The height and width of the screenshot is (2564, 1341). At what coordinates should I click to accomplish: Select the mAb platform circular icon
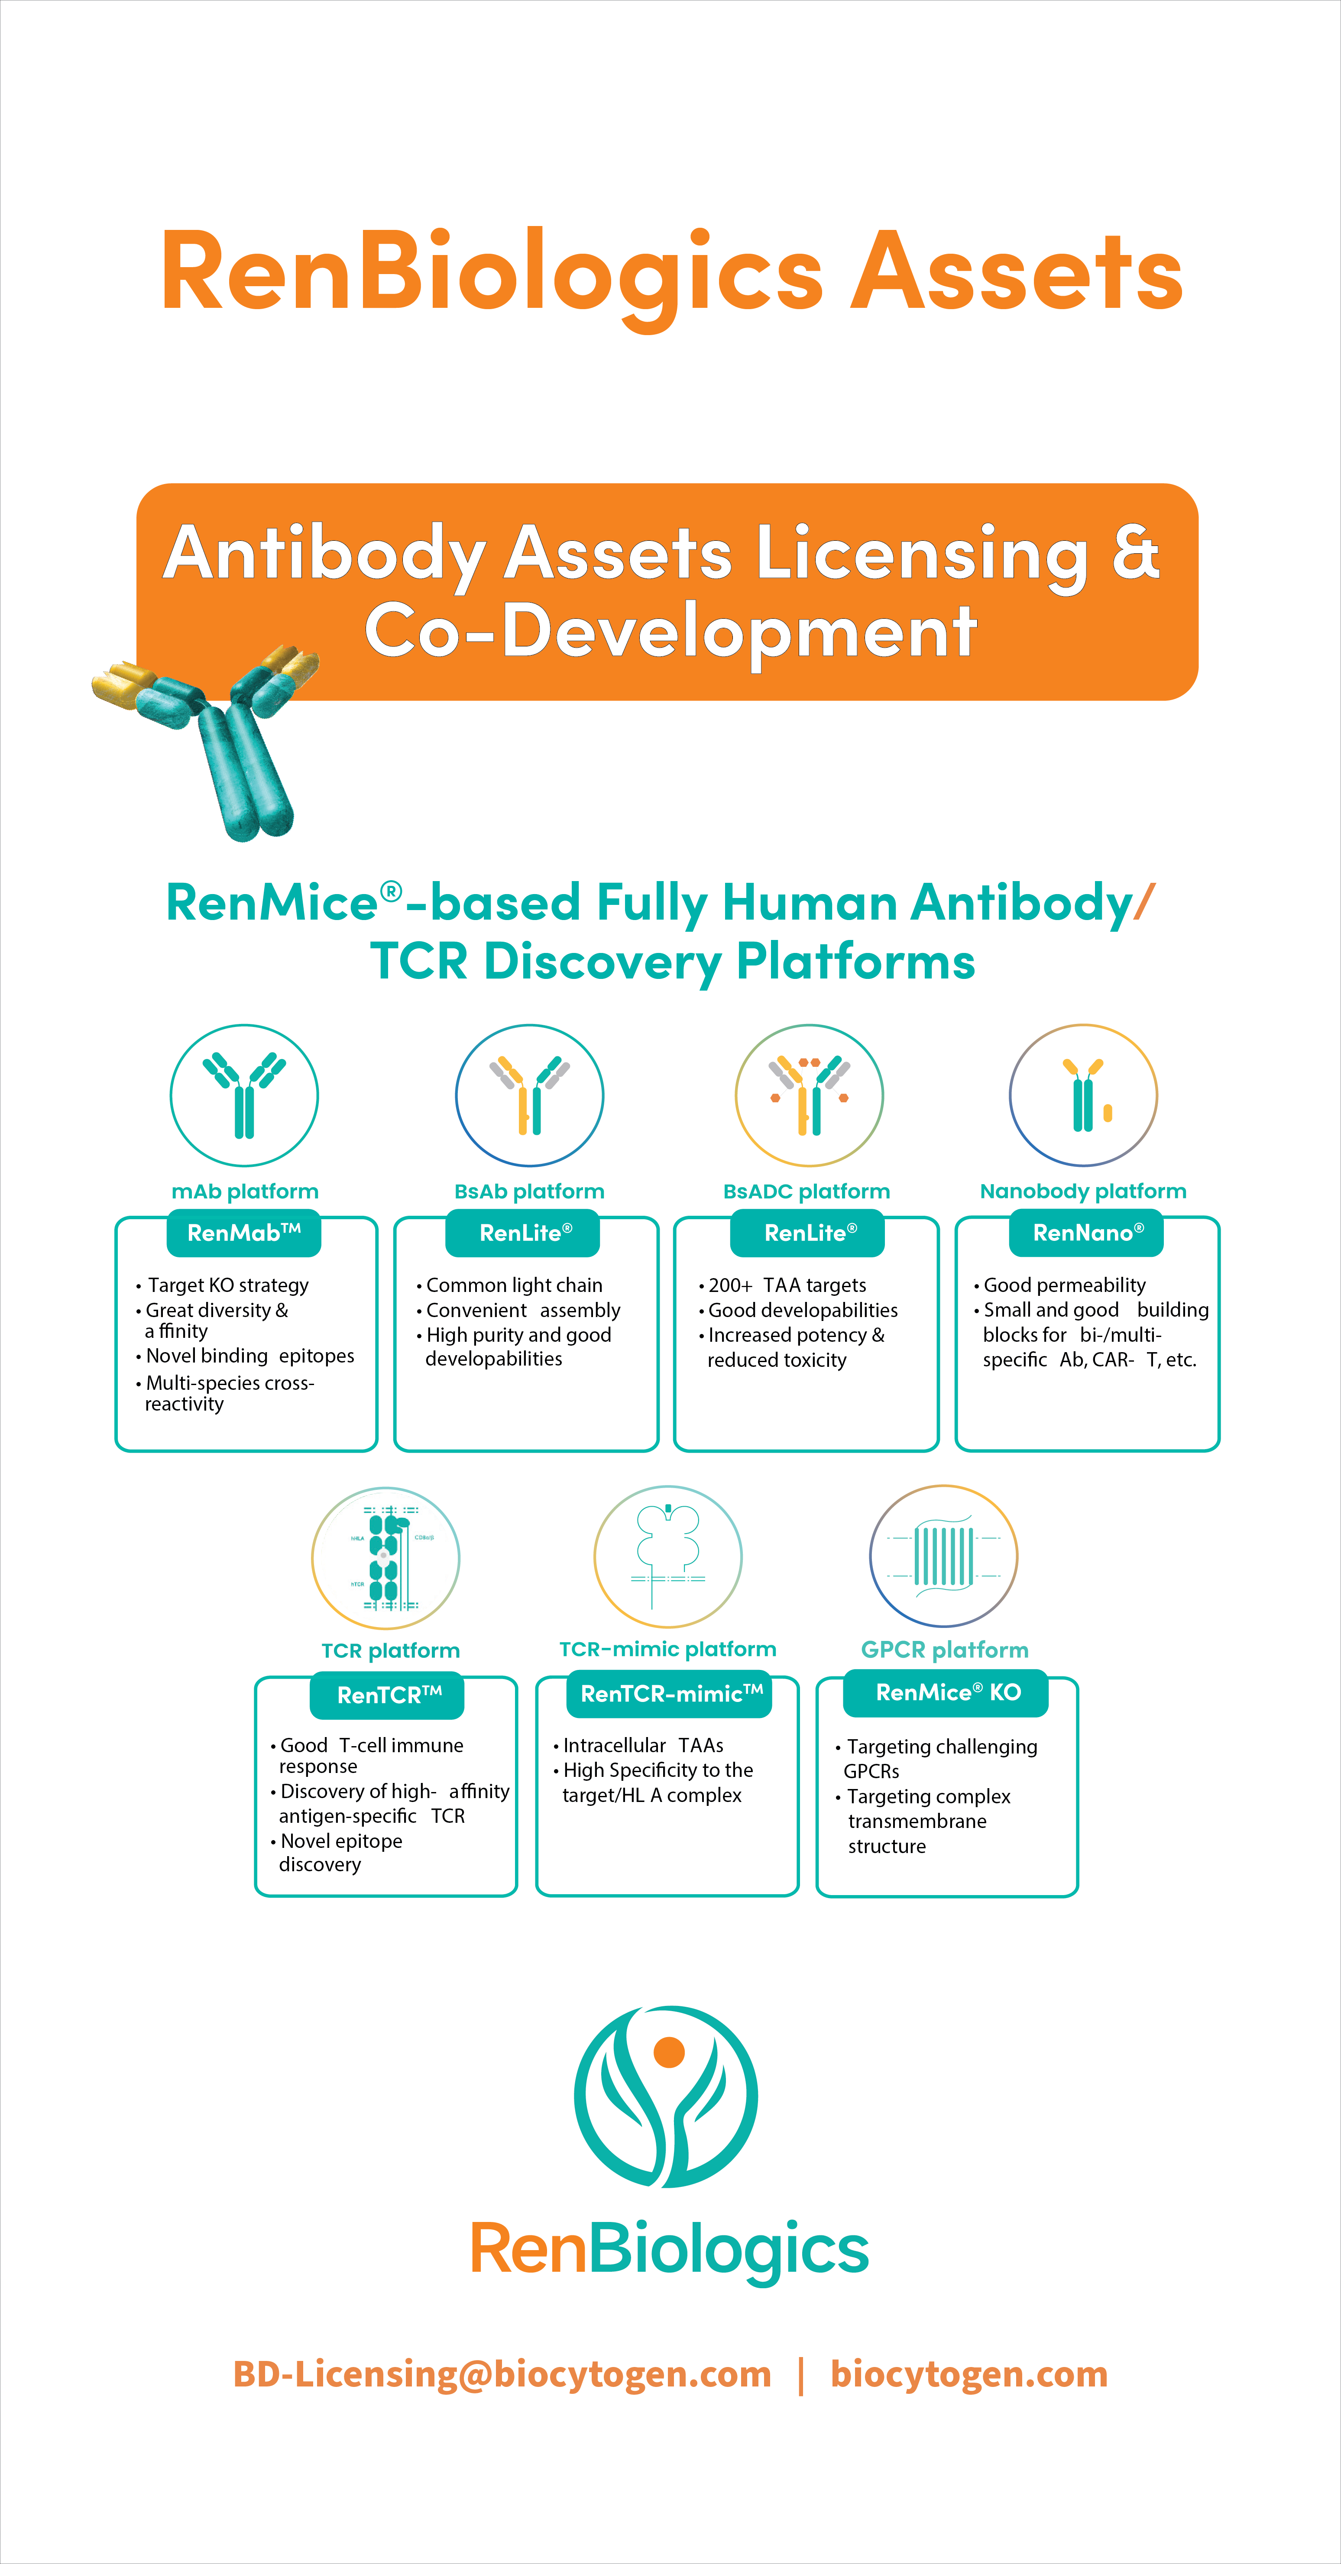244,1095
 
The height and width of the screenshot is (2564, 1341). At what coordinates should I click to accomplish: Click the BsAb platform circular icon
530,1095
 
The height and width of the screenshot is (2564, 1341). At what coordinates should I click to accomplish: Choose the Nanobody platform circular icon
1083,1095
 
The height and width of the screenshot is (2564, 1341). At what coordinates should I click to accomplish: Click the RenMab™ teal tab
244,1233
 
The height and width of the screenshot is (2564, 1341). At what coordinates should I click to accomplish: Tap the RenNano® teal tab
1087,1233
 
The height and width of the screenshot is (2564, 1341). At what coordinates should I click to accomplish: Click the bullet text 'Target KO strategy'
228,1285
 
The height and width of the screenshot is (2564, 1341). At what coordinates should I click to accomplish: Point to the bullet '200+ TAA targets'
787,1285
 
